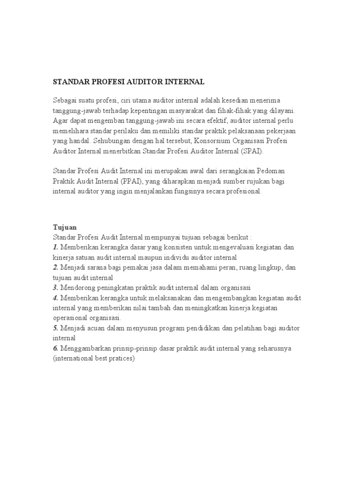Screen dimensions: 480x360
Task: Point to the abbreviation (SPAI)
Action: tap(252, 151)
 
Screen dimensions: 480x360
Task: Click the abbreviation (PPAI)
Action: tap(135, 181)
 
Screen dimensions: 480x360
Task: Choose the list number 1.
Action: tap(55, 247)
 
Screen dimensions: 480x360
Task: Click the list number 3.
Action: tap(55, 287)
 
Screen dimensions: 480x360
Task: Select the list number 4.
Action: tap(55, 298)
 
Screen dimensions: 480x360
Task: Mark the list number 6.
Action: tap(55, 348)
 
